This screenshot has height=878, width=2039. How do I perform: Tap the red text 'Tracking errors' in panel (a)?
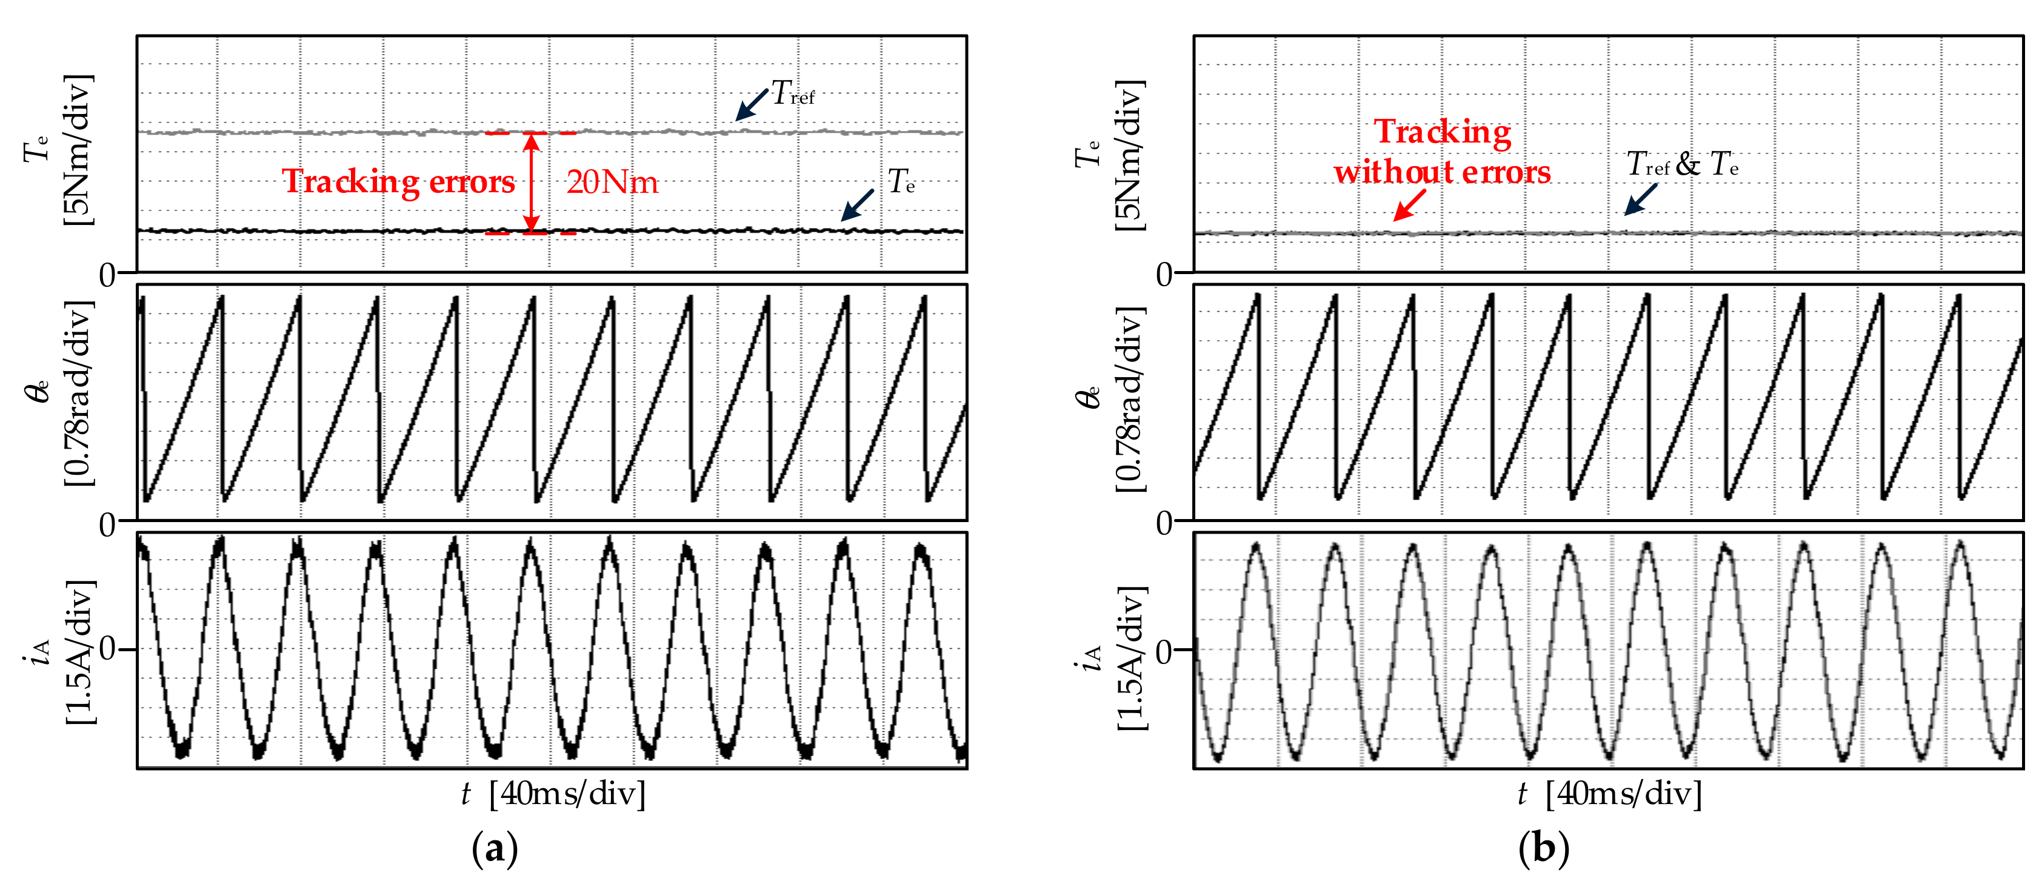(398, 182)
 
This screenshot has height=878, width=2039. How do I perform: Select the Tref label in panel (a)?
(792, 93)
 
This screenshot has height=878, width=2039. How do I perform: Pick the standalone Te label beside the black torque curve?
(901, 182)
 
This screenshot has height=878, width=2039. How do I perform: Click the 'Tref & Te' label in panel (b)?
(1682, 165)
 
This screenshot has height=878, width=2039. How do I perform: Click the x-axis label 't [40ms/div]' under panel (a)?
(553, 793)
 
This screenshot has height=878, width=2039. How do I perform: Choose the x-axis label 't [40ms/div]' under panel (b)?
(1610, 793)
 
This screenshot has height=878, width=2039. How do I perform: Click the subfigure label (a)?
(495, 849)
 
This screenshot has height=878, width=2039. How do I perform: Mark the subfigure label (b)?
(1544, 849)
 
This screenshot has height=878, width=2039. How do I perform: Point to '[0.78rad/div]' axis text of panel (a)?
(79, 394)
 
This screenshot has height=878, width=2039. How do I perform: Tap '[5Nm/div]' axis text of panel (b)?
(1130, 155)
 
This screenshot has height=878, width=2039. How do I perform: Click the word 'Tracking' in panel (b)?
(1442, 132)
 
